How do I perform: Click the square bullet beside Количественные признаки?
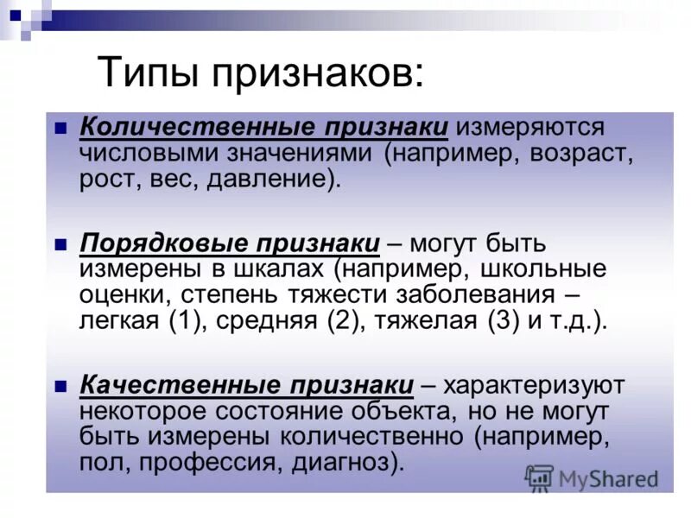[x=60, y=126]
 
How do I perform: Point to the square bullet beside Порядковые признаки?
[x=60, y=243]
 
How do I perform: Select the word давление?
[x=269, y=180]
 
